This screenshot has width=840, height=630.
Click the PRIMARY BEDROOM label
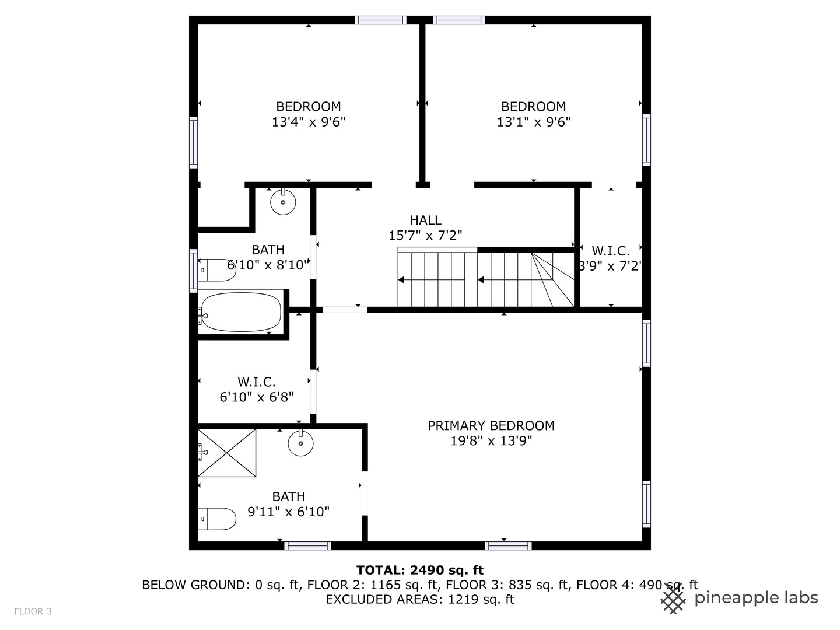491,425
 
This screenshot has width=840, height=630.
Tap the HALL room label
425,220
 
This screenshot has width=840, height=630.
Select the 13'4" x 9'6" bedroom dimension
309,122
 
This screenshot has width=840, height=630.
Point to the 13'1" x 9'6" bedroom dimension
533,122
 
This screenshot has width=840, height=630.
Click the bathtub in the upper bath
240,312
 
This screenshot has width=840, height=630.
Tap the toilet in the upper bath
217,270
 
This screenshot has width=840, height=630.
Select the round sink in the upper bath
283,202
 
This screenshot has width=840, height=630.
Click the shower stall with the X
227,453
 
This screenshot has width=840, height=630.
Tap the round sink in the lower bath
300,444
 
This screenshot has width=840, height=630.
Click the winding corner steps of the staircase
552,279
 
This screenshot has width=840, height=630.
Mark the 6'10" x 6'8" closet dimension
256,397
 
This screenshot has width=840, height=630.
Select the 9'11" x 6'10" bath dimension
289,512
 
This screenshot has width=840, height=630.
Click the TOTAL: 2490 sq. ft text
420,570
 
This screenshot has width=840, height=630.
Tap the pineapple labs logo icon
674,599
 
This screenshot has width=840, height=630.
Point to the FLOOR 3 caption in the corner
33,611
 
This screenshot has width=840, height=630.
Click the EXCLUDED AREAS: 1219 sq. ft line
420,599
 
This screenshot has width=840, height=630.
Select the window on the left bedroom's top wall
381,20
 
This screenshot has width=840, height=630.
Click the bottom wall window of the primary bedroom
508,546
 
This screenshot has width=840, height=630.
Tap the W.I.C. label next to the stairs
611,251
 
